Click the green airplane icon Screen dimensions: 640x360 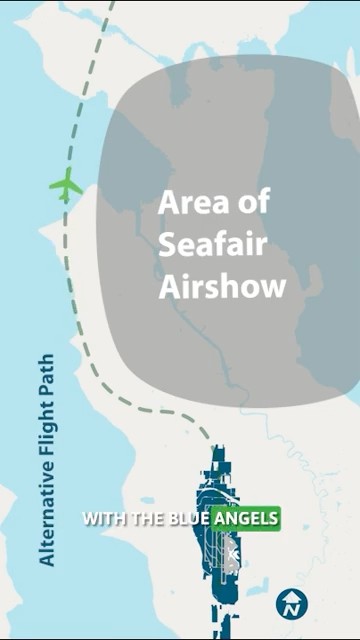[x=66, y=185]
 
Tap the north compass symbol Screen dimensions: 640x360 [x=292, y=603]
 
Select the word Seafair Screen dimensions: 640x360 [x=212, y=245]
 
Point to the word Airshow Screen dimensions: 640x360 [x=222, y=287]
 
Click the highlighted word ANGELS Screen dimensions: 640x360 [x=246, y=519]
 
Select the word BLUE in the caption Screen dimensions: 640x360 [x=188, y=519]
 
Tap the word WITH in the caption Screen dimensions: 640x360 [x=103, y=519]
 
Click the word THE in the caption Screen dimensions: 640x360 [x=147, y=519]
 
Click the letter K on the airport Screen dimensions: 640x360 [x=233, y=552]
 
